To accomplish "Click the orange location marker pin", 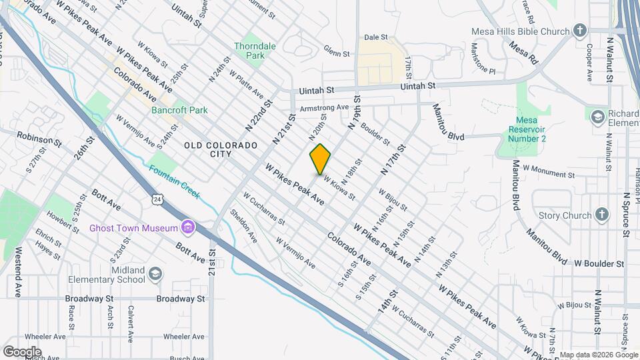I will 320,159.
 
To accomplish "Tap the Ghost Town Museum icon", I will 189,228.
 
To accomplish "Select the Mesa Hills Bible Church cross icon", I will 581,31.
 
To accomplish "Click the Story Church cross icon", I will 602,215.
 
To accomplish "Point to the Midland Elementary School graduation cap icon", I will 155,274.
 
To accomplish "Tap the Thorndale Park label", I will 250,51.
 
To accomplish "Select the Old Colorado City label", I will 221,149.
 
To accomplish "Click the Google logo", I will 22,352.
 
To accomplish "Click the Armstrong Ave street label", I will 325,107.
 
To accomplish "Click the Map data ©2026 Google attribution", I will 598,355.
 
